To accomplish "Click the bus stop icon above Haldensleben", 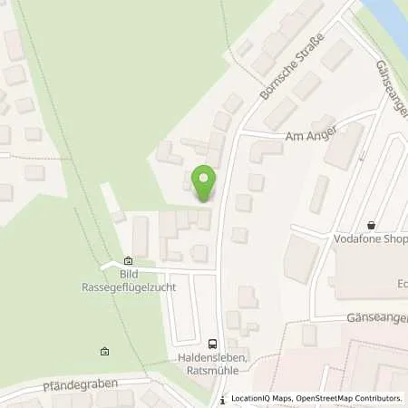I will coord(212,344).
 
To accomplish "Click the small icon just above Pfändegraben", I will coord(104,352).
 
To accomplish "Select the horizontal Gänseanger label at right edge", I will coord(377,319).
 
